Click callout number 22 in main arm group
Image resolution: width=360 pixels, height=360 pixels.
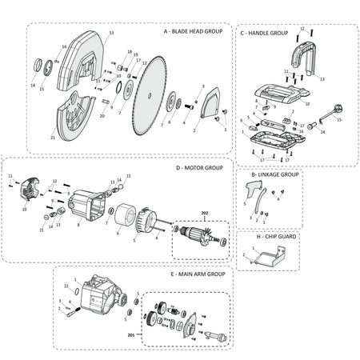click(66, 286)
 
